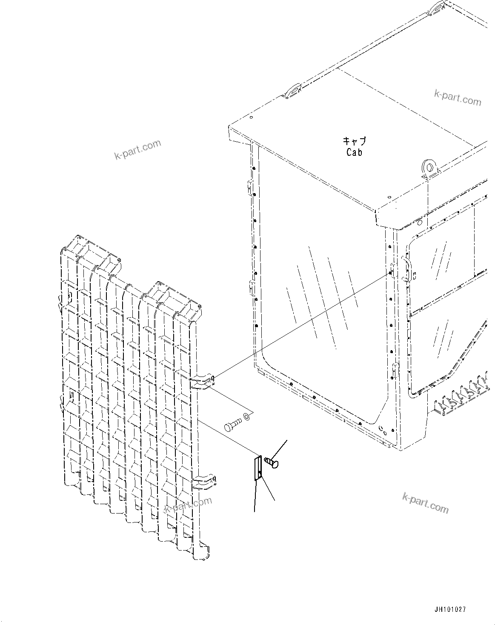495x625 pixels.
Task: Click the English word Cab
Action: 354,152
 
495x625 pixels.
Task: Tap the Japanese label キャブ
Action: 354,141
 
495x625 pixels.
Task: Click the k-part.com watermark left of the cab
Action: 138,149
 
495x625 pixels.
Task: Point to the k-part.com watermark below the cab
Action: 425,502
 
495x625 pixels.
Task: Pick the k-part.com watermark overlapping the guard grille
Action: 188,505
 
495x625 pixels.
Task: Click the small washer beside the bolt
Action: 246,416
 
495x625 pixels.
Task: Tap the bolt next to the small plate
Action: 272,462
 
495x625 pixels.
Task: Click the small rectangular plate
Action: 258,468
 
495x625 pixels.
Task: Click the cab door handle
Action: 407,270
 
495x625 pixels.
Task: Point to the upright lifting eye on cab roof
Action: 429,168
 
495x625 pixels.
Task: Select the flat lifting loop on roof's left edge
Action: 293,90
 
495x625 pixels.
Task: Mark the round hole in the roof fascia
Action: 419,223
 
